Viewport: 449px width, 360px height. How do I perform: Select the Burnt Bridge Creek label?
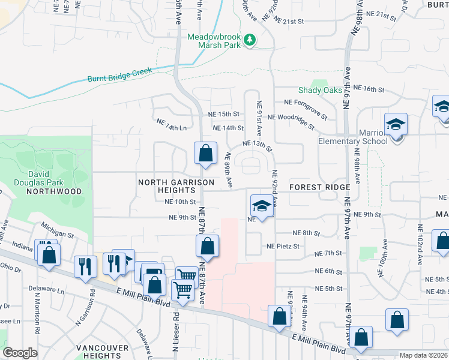[x=119, y=74]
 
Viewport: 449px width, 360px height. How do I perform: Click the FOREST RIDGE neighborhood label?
[x=319, y=187]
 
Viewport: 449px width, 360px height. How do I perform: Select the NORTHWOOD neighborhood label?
[x=54, y=191]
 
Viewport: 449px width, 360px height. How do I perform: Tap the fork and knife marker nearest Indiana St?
[x=85, y=266]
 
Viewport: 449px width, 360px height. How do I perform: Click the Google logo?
[x=21, y=353]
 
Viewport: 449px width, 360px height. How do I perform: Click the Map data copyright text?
[x=424, y=355]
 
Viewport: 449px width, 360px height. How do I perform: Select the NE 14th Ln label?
[x=171, y=124]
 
